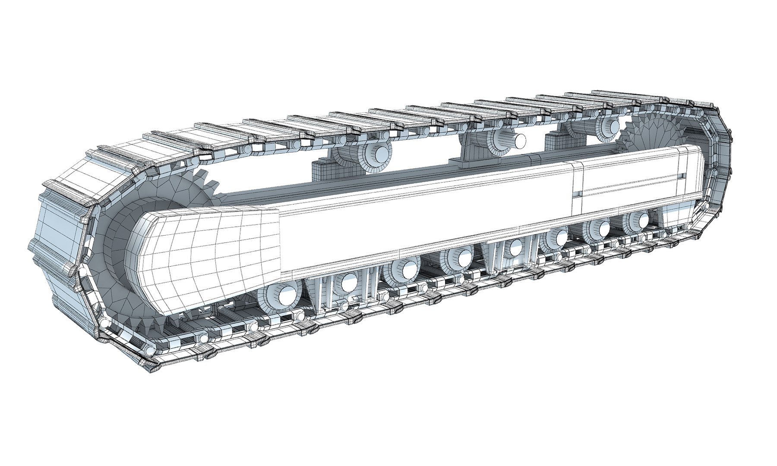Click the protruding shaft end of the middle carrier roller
520,141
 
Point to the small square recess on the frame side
577,195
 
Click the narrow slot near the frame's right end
681,176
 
